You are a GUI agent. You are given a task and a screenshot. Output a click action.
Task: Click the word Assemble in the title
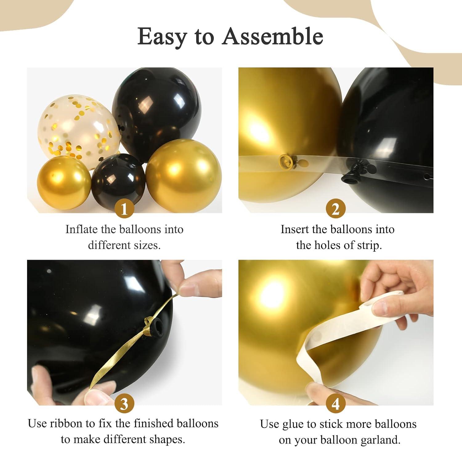point(273,36)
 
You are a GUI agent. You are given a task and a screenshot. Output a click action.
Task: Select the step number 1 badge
point(124,209)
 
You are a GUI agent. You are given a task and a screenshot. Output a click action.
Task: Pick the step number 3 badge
point(124,403)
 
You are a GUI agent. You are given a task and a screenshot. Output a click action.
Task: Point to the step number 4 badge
point(335,403)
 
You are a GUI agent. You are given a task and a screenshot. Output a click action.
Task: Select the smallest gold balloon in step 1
point(64,179)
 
